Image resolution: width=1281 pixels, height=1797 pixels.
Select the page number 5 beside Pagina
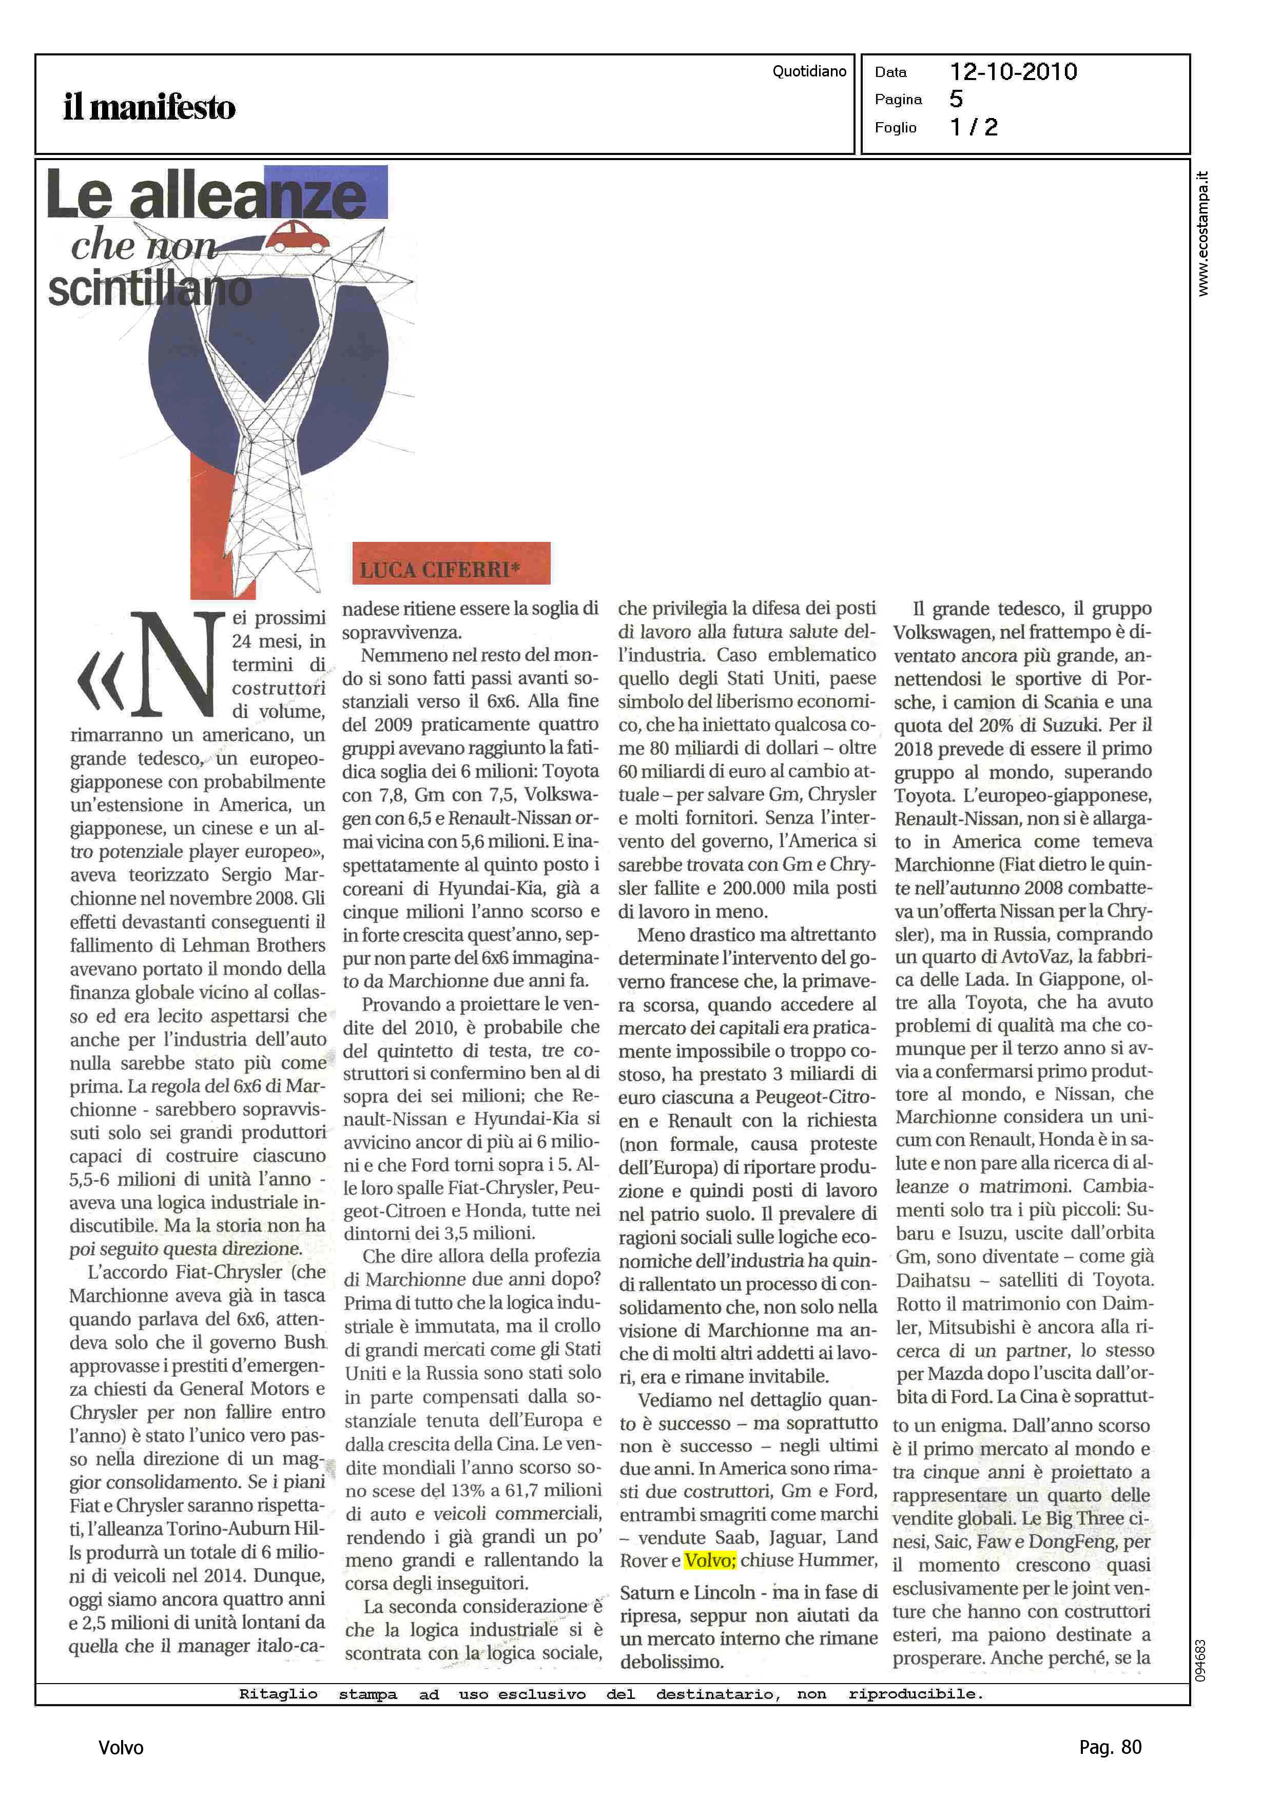pos(956,100)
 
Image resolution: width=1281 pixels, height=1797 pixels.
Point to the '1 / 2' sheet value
pos(974,127)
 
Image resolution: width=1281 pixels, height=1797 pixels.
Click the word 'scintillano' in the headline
pos(150,290)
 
